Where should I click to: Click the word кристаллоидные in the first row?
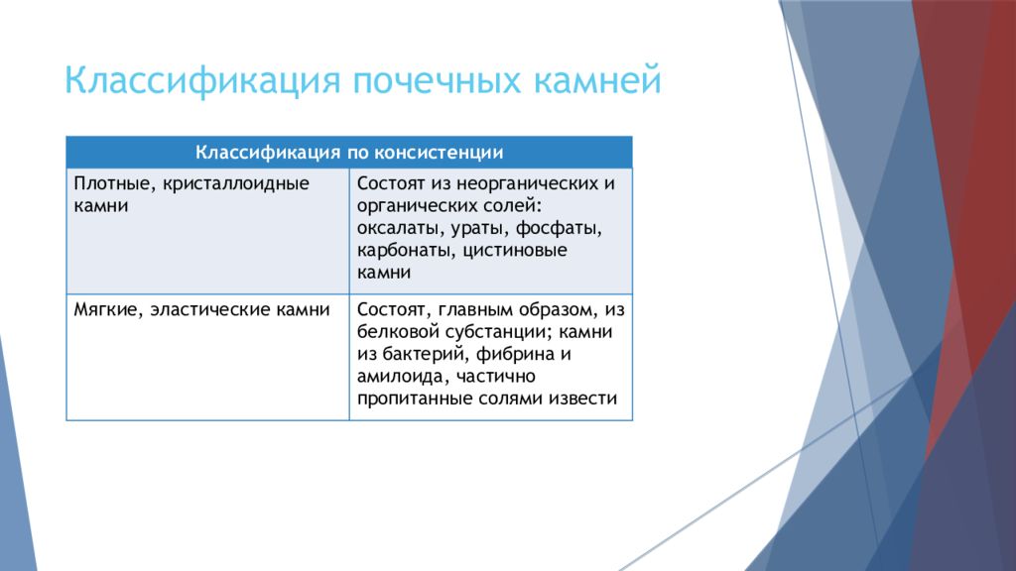236,183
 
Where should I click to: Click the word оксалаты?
397,229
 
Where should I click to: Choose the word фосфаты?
560,229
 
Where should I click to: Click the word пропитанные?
415,399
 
